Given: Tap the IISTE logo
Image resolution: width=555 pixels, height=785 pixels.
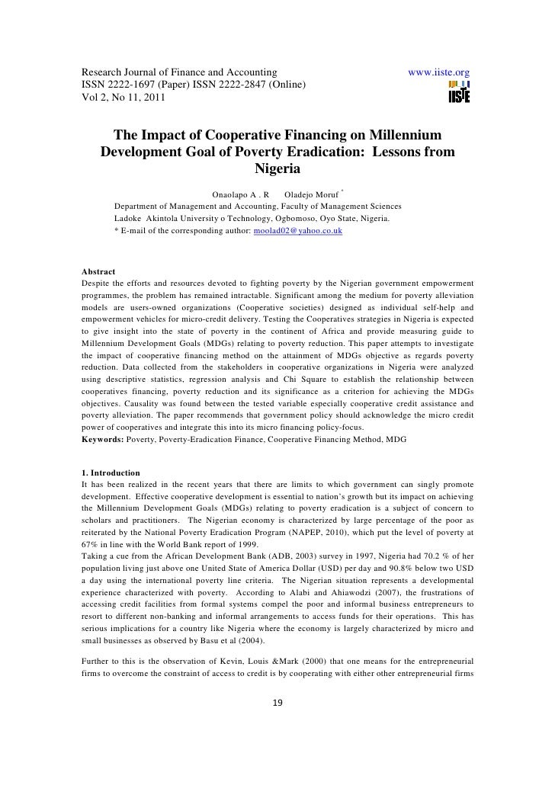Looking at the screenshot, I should (x=459, y=93).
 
